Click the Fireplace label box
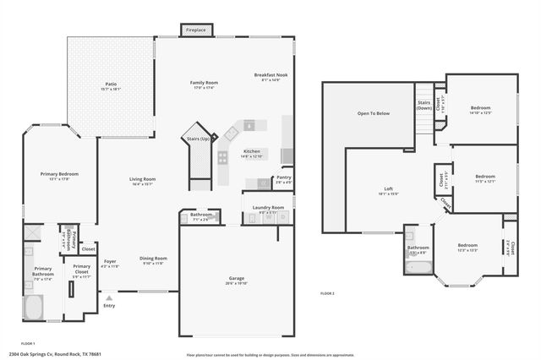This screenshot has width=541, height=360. click(197, 30)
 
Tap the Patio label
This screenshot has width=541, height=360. click(111, 85)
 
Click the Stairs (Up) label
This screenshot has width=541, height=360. click(198, 138)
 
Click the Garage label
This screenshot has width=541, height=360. click(236, 281)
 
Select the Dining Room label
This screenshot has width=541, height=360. click(153, 259)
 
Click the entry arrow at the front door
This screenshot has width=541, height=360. click(108, 297)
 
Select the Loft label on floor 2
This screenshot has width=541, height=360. click(388, 189)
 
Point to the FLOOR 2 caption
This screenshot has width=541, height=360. click(327, 293)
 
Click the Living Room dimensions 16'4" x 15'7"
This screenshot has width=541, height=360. click(142, 185)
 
